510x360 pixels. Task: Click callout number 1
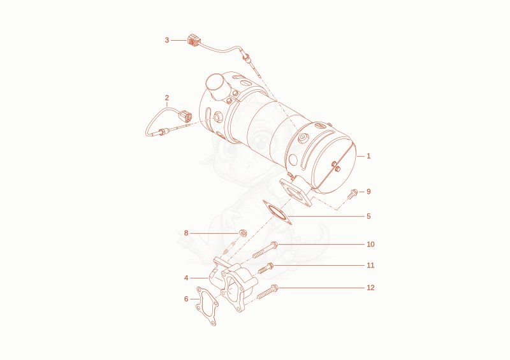(368, 156)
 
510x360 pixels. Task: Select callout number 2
(167, 97)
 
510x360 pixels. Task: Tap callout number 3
(167, 40)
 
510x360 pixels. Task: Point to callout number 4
(186, 278)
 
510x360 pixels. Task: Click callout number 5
(368, 216)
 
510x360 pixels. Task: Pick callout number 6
(186, 299)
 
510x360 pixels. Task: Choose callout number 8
(186, 233)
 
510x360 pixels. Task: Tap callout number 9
(368, 192)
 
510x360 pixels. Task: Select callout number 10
(370, 244)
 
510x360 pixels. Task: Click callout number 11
(370, 265)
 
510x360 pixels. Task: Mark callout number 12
(370, 288)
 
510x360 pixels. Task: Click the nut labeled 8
(243, 233)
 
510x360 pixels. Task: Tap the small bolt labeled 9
(353, 194)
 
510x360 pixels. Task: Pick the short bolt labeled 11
(266, 268)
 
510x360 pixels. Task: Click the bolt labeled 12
(267, 292)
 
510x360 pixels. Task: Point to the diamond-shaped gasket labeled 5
(277, 213)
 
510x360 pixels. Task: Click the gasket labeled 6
(207, 306)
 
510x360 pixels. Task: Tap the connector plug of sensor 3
(194, 40)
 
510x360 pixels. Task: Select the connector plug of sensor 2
(186, 116)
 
